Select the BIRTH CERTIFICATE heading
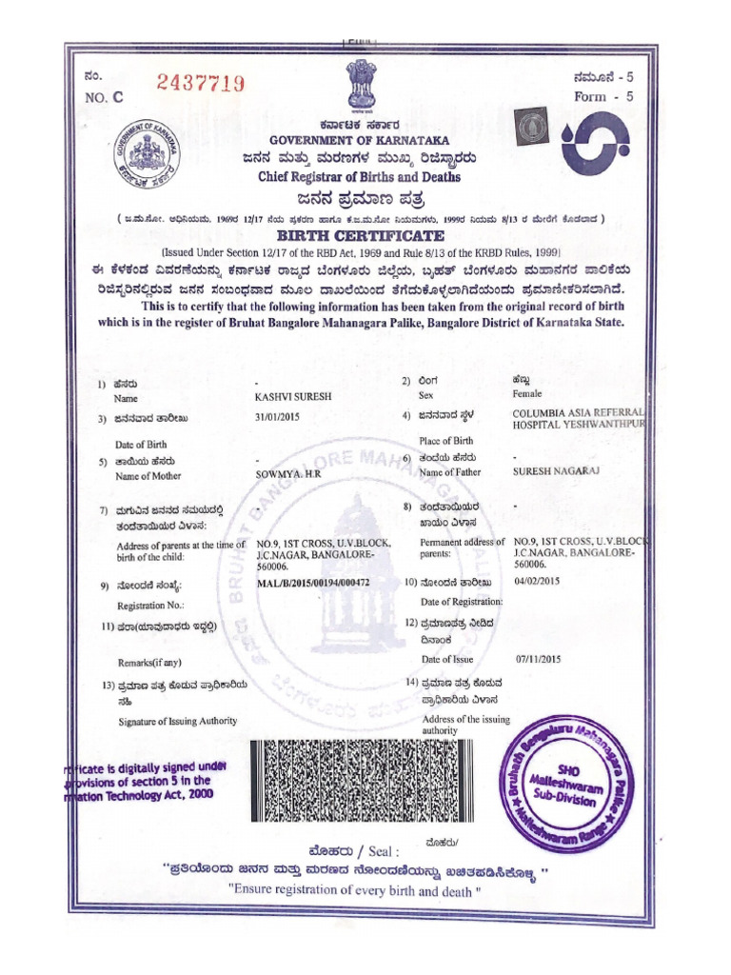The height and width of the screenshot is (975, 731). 360,236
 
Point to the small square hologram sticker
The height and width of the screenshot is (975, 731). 528,125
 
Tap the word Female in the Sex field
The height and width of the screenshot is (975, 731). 526,393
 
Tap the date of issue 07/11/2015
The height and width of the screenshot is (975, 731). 539,658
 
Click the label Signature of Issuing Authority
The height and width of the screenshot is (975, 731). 177,721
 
